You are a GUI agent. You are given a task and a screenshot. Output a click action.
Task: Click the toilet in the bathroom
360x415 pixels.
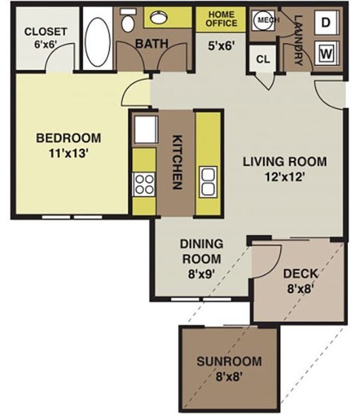128,20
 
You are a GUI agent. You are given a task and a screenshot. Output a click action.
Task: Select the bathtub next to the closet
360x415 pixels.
98,39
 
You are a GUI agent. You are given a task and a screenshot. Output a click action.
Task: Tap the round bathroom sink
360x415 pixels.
159,17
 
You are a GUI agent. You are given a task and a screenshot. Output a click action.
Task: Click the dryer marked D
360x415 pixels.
326,23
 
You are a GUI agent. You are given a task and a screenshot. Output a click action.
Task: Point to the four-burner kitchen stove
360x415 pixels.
144,184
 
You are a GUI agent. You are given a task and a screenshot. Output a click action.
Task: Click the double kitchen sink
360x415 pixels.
208,181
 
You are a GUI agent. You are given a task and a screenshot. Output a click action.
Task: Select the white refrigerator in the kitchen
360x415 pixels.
145,130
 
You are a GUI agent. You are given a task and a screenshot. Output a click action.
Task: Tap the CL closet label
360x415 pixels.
263,59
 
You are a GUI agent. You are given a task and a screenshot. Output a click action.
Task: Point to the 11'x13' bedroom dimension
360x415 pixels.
68,153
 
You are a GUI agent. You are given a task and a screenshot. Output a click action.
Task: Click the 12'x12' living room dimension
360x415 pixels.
284,176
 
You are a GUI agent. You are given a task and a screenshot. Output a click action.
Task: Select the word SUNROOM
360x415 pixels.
229,361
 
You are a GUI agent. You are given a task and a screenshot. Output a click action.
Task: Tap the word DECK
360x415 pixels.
301,274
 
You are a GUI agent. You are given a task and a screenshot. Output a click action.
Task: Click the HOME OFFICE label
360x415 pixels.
222,19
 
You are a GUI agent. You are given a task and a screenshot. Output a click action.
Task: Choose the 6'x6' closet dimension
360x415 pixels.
45,44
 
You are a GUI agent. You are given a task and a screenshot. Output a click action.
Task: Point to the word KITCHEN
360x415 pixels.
177,162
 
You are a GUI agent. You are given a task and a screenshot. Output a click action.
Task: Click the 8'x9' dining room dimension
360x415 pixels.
201,274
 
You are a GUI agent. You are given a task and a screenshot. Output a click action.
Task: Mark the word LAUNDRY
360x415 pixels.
299,40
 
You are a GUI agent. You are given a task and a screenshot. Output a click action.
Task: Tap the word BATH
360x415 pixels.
152,44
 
